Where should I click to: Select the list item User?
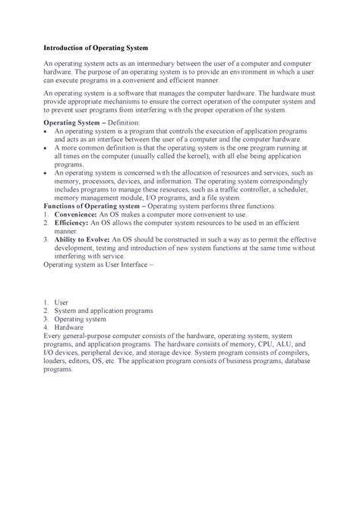(x=62, y=302)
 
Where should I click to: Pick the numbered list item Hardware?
(x=70, y=327)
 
